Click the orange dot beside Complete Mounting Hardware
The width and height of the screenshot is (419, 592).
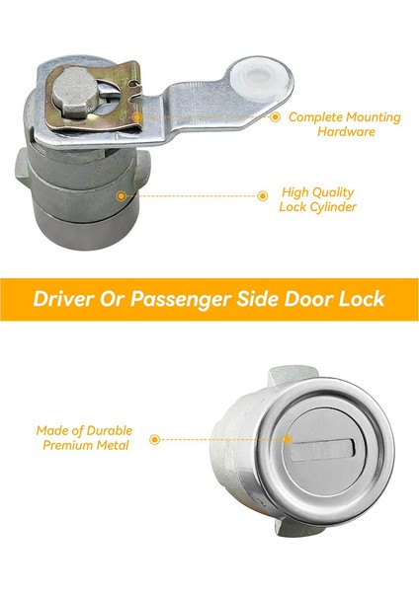tap(275, 117)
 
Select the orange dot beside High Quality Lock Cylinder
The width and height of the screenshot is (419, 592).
tap(262, 195)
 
